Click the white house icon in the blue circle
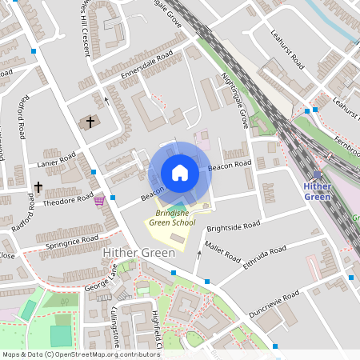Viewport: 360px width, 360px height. pyautogui.click(x=180, y=172)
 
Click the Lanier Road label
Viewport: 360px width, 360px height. pyautogui.click(x=56, y=161)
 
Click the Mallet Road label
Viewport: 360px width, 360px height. pyautogui.click(x=222, y=252)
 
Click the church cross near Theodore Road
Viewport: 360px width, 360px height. pyautogui.click(x=38, y=187)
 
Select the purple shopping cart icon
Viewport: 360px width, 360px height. pyautogui.click(x=99, y=200)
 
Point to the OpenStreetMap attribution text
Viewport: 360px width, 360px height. pyautogui.click(x=80, y=354)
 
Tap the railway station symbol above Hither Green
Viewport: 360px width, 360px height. pyautogui.click(x=318, y=175)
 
